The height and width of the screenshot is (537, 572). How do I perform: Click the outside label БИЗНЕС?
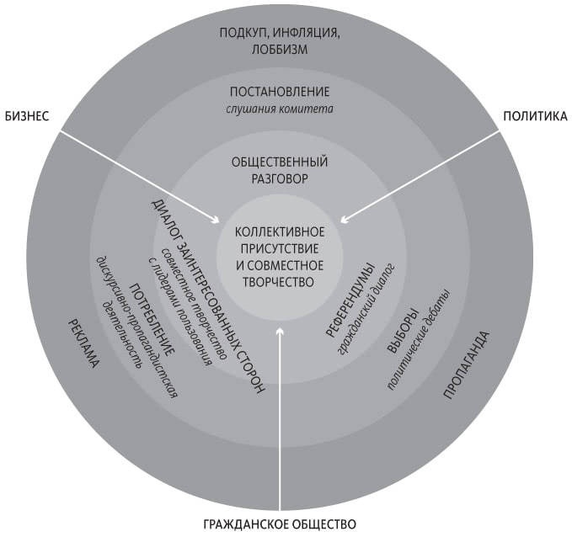[32, 116]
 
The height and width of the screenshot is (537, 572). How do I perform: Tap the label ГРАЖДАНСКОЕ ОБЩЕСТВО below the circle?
[281, 524]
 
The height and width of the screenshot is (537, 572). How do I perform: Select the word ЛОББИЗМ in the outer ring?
[280, 49]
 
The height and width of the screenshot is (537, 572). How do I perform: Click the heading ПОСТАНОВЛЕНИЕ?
[280, 92]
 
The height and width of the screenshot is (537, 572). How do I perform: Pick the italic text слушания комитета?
[280, 109]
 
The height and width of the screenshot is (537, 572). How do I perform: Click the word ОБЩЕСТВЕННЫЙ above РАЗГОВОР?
[280, 162]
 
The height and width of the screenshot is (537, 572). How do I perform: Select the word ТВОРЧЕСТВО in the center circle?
[280, 281]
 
